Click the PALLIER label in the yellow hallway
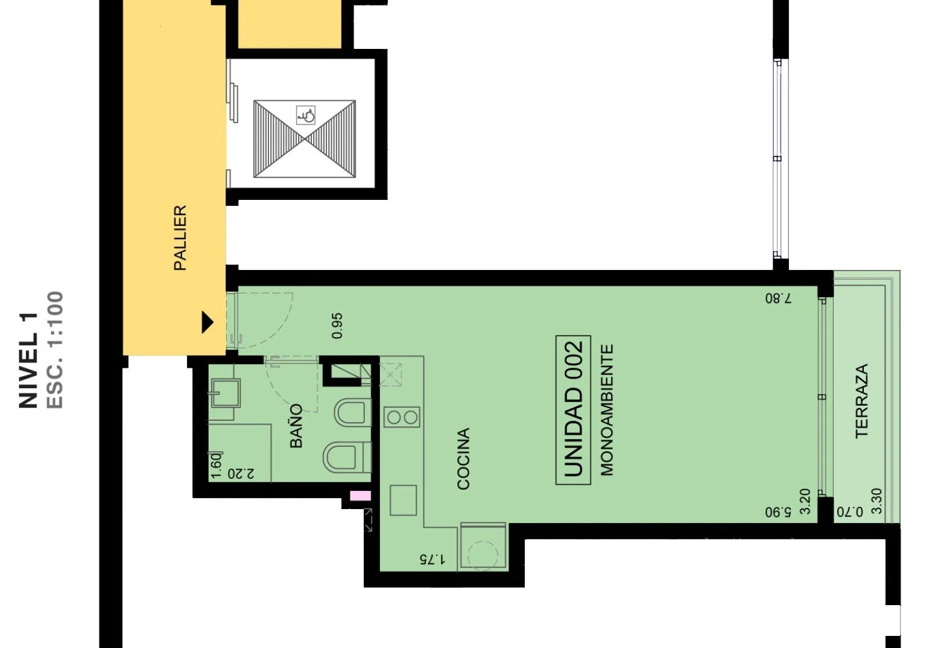coord(180,238)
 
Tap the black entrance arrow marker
coord(207,322)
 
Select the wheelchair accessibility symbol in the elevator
coord(306,115)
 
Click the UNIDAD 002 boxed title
coord(573,409)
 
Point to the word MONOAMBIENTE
coord(606,410)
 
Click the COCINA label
coord(463,458)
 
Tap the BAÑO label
coord(296,426)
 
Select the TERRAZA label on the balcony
coord(862,401)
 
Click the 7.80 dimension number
coord(778,299)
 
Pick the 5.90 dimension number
coord(778,513)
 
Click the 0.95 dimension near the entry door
coord(337,326)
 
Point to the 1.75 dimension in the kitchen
coord(432,559)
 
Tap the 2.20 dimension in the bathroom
coord(241,473)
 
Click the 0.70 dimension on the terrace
coord(850,512)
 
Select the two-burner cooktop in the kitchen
coord(402,417)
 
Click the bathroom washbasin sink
coord(226,393)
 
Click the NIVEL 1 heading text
coord(29,361)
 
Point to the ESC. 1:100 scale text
coord(54,350)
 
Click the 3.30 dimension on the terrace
coord(876,501)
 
